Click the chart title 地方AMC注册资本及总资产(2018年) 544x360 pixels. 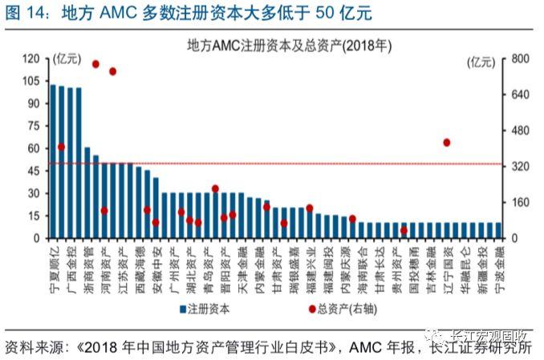coord(273,45)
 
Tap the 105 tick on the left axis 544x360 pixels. coord(30,81)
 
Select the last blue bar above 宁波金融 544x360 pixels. coord(498,230)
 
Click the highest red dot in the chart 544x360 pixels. coord(95,63)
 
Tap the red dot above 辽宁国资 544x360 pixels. coord(446,143)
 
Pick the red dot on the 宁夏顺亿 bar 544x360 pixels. coord(61,148)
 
